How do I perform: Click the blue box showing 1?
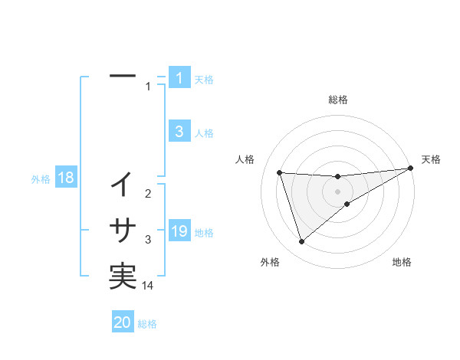pos(179,78)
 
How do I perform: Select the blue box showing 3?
pos(179,132)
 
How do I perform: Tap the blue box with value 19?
pos(179,231)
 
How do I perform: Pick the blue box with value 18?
pos(66,178)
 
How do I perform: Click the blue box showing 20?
pos(123,322)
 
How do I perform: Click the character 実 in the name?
pos(123,276)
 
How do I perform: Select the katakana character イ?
pos(123,184)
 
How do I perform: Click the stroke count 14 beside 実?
pos(148,286)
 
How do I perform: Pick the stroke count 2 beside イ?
pos(148,194)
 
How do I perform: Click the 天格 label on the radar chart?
pos(431,159)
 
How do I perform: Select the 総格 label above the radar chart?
pos(338,100)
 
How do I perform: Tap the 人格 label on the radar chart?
pos(245,159)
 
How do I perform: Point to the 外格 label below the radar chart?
pos(270,262)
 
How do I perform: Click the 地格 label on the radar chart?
pos(402,262)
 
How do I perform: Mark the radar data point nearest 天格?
pos(411,169)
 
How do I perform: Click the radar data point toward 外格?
pos(301,242)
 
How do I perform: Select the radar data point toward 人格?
pos(280,172)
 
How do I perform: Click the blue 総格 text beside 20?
pos(147,323)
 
